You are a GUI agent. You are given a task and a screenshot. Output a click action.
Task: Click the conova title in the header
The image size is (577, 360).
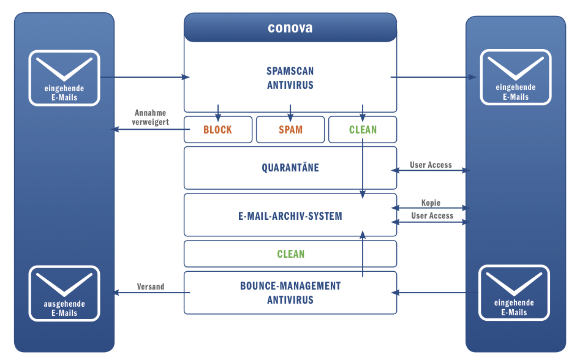(x=290, y=28)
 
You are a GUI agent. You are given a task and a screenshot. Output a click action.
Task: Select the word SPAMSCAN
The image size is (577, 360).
(x=290, y=71)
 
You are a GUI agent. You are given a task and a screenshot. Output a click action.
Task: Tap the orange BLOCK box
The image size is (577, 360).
(x=218, y=130)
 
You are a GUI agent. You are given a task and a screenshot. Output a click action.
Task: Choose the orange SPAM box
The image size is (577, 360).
(x=290, y=130)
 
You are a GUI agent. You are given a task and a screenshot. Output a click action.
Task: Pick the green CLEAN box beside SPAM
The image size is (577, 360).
(x=363, y=130)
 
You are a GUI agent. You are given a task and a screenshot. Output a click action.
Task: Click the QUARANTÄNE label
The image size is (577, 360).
(x=290, y=168)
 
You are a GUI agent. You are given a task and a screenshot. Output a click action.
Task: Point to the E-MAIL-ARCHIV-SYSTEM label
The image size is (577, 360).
(x=290, y=216)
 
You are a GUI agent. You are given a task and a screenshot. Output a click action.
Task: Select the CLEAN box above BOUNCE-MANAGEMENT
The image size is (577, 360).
(x=290, y=254)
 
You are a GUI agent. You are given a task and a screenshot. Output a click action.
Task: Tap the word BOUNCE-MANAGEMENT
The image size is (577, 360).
(x=290, y=286)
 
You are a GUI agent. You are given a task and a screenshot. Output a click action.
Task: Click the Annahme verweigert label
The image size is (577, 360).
(x=151, y=118)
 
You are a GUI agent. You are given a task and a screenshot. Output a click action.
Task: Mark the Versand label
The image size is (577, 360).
(x=151, y=287)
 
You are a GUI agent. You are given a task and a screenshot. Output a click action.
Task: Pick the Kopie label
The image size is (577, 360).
(x=431, y=203)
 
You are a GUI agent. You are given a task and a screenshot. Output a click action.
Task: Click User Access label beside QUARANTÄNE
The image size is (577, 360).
(x=431, y=165)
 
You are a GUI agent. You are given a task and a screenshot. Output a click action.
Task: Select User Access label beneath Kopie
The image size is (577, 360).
(x=432, y=216)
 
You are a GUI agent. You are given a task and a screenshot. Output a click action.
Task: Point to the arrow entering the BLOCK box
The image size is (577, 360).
(x=218, y=112)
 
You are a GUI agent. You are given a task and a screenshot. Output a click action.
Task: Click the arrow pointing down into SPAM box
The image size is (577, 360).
(x=290, y=112)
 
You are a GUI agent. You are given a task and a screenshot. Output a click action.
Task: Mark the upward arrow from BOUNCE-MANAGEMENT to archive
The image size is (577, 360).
(x=363, y=254)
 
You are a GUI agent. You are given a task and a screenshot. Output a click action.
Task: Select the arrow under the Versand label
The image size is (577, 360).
(x=151, y=293)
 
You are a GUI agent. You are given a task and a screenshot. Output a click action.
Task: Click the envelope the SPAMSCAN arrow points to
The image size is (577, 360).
(x=515, y=78)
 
